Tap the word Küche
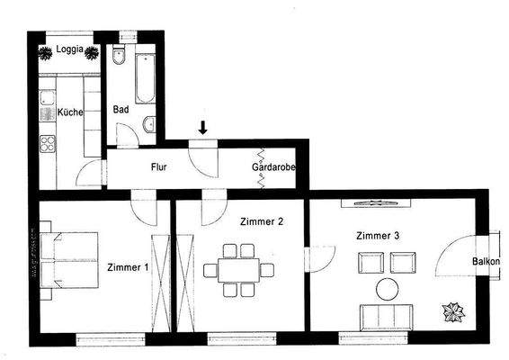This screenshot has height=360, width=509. tap(71, 112)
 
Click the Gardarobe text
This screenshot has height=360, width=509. tap(274, 166)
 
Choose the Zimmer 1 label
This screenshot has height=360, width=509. tap(127, 267)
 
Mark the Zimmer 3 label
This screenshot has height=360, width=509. tap(379, 236)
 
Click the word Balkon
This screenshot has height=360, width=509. tap(486, 262)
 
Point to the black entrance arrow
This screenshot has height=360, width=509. tap(204, 130)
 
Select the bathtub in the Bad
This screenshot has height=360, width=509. tap(144, 77)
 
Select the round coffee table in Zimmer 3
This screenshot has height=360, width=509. tap(388, 289)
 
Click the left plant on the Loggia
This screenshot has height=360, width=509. tap(43, 52)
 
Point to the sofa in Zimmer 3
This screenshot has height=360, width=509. tap(388, 316)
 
